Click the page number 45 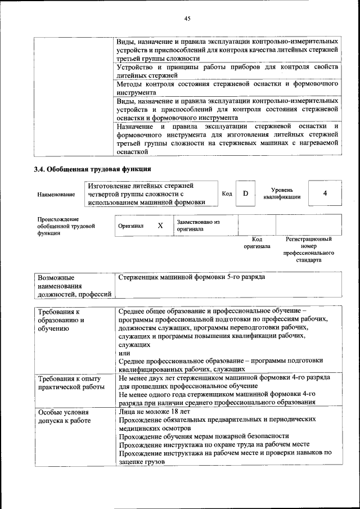[x=188, y=19]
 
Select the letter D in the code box [x=245, y=194]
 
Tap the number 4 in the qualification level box [x=325, y=193]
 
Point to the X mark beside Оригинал [x=160, y=226]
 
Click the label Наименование [x=56, y=195]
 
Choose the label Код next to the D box [x=227, y=194]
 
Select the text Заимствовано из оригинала [x=198, y=226]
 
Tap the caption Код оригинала [x=256, y=243]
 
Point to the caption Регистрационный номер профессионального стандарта [x=309, y=250]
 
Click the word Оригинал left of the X [x=131, y=226]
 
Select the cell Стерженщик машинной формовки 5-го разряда [x=192, y=277]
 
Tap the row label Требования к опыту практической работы [x=71, y=382]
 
